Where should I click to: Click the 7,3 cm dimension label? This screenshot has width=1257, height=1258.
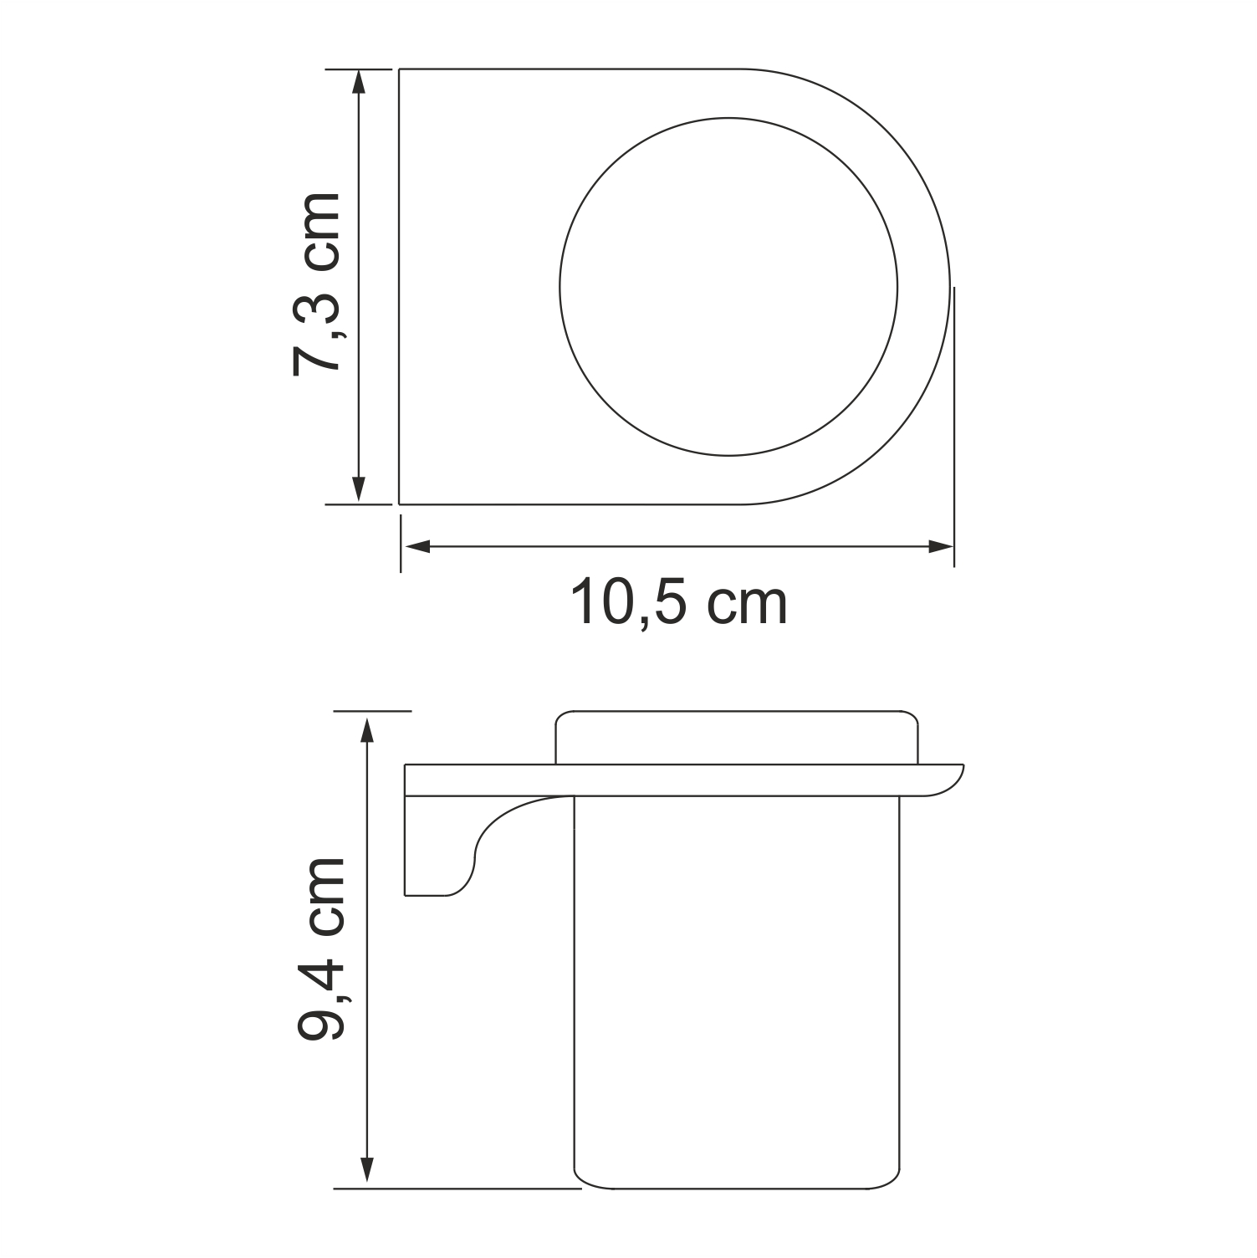[318, 284]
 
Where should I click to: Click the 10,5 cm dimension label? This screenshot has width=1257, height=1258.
[678, 603]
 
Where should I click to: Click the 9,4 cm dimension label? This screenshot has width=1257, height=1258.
[321, 949]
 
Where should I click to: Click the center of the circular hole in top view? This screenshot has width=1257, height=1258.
[728, 287]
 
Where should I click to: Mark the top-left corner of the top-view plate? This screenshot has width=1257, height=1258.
[400, 69]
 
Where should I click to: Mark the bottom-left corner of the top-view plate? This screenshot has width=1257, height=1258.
[400, 504]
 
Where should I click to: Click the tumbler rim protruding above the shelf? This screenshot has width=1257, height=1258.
[738, 738]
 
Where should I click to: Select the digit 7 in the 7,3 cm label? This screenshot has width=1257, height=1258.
[318, 355]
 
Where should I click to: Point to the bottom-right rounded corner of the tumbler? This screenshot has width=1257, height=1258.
[892, 1177]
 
